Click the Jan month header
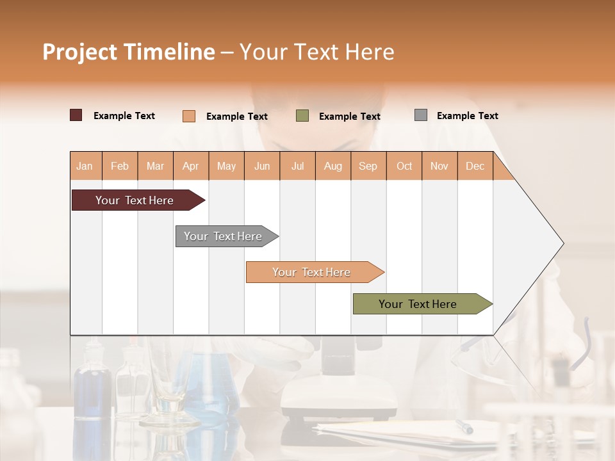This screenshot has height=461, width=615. (85, 166)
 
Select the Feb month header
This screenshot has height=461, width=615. (120, 166)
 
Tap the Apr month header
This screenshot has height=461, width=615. (190, 166)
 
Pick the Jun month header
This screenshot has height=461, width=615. (262, 166)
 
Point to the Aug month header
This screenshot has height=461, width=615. (332, 166)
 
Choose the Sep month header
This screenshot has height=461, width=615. (368, 166)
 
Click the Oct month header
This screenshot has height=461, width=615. (404, 166)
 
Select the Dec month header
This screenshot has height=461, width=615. (475, 166)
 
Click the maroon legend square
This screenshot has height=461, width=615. (76, 115)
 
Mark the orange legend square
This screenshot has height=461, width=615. (188, 116)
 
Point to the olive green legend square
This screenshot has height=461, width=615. (302, 116)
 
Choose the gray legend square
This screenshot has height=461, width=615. (421, 115)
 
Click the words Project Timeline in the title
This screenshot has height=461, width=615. (129, 52)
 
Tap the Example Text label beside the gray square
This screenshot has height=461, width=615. (467, 116)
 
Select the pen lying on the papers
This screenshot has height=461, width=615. (464, 426)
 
